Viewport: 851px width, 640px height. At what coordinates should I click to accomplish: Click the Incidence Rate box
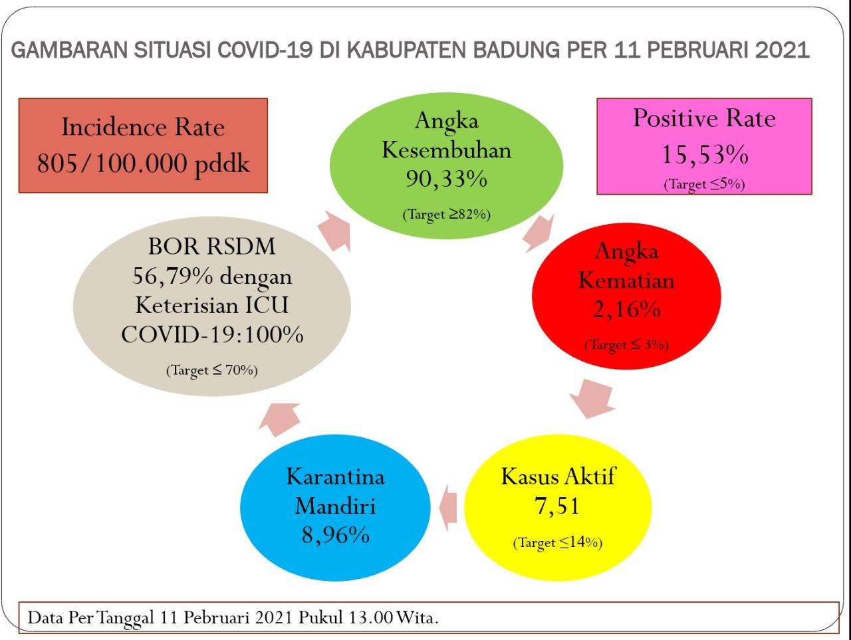143,146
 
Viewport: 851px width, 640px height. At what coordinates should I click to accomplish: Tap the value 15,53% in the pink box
705,155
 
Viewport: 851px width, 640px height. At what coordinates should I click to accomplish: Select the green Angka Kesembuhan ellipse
446,165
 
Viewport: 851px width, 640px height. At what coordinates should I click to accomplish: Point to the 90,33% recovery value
446,179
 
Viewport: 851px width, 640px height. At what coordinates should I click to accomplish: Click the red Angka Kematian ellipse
626,296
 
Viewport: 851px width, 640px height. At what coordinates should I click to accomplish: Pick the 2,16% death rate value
626,309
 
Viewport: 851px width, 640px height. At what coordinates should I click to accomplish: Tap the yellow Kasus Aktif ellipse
558,508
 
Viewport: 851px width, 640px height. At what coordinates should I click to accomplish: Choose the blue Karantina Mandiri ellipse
335,508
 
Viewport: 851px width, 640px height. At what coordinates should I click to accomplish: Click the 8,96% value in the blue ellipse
335,535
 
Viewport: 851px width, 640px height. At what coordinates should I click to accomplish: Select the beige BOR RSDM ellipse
211,306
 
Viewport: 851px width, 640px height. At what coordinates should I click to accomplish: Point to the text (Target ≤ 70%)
211,370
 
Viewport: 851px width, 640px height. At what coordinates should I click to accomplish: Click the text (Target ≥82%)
446,214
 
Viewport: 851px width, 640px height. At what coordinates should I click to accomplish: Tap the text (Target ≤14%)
558,542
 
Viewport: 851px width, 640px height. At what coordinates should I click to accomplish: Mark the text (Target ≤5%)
704,184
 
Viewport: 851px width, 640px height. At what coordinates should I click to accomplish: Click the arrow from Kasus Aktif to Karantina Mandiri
448,508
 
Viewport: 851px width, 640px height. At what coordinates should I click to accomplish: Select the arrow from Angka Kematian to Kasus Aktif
592,399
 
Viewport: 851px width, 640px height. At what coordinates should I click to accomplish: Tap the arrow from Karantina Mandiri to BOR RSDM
279,420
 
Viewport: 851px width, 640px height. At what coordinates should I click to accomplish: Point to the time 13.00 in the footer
371,617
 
